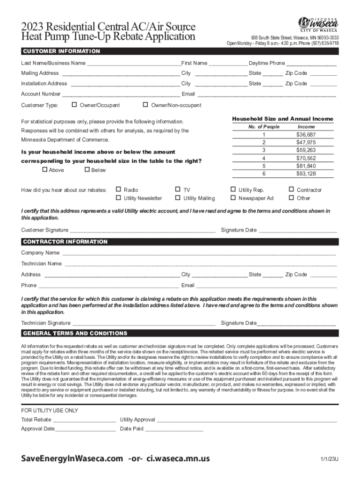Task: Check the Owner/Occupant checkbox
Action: click(x=74, y=105)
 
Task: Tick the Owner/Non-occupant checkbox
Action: click(x=145, y=105)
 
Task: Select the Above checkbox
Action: click(x=45, y=170)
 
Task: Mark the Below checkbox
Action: click(x=87, y=170)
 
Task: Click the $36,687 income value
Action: click(x=306, y=135)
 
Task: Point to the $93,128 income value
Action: click(x=306, y=174)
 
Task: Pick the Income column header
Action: click(x=306, y=127)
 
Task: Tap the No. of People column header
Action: click(x=264, y=127)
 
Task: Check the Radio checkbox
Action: click(x=118, y=189)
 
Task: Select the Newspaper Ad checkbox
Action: click(x=233, y=198)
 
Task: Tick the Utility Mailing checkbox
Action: click(x=178, y=198)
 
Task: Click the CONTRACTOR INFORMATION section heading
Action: click(x=65, y=242)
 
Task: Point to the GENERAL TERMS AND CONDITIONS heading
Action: click(x=75, y=334)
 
